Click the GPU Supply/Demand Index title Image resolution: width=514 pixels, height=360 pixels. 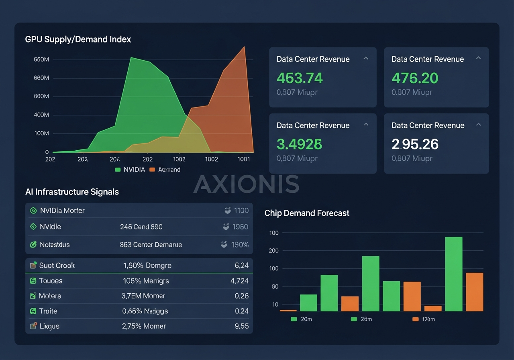78,39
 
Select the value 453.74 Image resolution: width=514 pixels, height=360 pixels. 300,78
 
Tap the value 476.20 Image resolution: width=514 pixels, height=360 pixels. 415,78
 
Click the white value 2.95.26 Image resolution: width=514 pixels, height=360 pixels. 415,144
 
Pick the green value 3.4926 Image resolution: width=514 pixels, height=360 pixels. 300,144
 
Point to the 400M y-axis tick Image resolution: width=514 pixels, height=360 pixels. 41,115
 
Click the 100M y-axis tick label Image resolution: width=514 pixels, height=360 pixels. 41,133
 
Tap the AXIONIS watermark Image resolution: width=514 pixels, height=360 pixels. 247,184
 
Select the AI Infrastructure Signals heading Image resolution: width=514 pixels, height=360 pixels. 72,192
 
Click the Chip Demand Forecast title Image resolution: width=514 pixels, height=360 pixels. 307,213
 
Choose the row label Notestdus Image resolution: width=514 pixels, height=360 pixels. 55,244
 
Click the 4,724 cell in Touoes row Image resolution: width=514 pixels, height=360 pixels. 239,280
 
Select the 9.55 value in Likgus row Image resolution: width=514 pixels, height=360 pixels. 241,326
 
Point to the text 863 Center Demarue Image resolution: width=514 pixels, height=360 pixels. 151,244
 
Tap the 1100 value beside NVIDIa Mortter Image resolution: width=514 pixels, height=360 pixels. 241,210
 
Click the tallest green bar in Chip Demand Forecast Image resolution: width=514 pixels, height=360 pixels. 453,274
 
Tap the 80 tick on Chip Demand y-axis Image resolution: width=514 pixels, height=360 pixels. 275,287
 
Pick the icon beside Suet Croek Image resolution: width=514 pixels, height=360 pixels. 33,265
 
